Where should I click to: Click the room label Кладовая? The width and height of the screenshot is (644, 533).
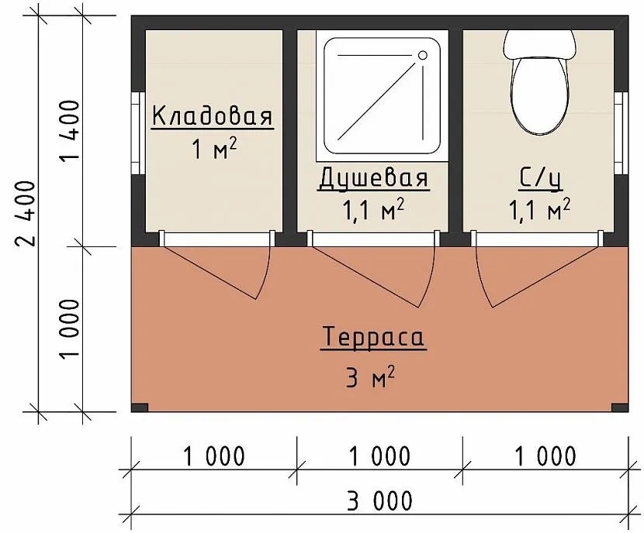tap(213, 115)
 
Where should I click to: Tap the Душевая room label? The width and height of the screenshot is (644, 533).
tap(374, 177)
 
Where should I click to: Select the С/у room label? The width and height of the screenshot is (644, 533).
tap(541, 177)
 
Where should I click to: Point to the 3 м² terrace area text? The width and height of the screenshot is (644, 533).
tap(370, 377)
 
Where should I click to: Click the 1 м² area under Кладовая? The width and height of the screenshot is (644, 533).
tap(214, 149)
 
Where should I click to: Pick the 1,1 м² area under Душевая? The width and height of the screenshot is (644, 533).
tap(373, 209)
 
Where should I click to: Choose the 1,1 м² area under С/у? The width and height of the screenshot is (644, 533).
tap(540, 209)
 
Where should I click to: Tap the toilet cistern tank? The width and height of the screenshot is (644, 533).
tap(540, 44)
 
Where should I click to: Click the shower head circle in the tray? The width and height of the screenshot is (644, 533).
tap(423, 55)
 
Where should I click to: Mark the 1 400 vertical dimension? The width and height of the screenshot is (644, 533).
tap(69, 131)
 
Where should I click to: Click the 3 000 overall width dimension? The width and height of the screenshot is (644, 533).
tap(379, 500)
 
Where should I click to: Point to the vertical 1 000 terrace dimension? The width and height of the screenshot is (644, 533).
tap(69, 328)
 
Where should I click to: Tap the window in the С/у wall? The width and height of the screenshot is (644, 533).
tap(621, 132)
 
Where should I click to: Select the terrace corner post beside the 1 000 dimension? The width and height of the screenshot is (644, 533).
tap(139, 407)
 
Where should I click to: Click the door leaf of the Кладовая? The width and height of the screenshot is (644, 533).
tap(209, 273)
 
